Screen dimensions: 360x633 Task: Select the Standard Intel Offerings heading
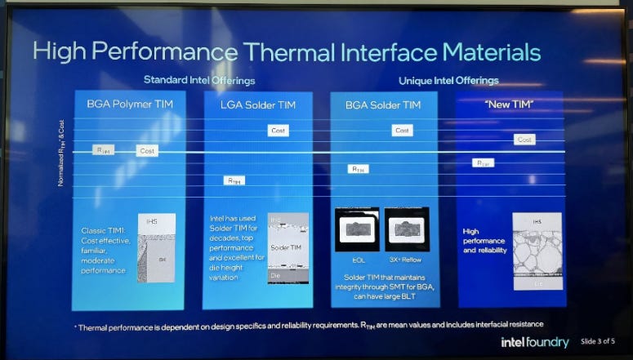pos(199,80)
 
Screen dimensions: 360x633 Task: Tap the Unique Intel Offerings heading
pos(448,80)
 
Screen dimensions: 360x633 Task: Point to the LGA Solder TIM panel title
pos(256,104)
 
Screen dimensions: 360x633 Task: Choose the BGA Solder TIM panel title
pos(384,104)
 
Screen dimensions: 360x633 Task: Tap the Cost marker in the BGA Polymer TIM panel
pos(147,151)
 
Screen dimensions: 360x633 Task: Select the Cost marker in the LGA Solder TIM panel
pos(279,131)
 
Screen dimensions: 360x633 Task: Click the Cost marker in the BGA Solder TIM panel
pos(402,131)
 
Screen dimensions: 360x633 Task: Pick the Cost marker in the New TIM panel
pos(525,140)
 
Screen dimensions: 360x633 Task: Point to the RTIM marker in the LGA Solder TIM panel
pos(234,180)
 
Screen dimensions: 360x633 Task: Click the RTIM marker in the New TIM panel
pos(484,162)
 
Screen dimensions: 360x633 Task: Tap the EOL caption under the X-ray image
pos(358,260)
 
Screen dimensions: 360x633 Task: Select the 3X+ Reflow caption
pos(406,260)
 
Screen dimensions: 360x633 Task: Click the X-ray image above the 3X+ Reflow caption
pos(406,229)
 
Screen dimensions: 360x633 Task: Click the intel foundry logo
pos(535,341)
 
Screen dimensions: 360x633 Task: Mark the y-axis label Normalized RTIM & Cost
pos(60,153)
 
